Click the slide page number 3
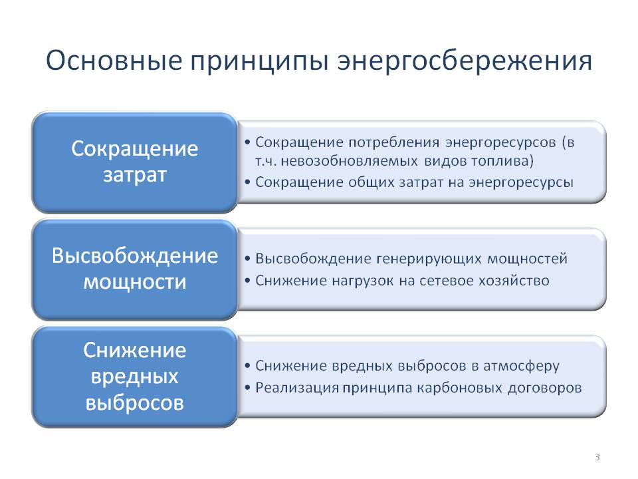pos(597,457)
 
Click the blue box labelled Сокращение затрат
pos(134,162)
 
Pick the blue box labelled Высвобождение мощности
pos(134,269)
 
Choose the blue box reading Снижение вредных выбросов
pos(134,377)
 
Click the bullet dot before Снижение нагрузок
pos(248,281)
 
